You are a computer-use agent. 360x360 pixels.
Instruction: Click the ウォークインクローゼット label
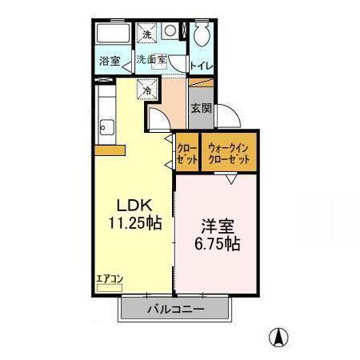pyautogui.click(x=229, y=153)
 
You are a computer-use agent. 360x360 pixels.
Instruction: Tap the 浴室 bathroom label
pyautogui.click(x=110, y=61)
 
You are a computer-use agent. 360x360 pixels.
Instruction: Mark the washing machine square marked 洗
pyautogui.click(x=146, y=34)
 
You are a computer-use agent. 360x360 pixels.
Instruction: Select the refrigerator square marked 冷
pyautogui.click(x=147, y=90)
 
